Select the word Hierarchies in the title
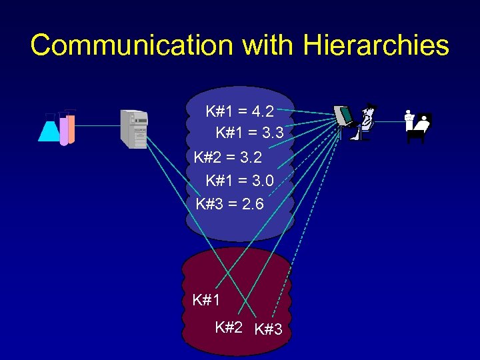(375, 45)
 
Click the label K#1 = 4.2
(240, 111)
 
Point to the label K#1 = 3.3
(250, 134)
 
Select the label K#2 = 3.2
(227, 158)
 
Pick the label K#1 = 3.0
(240, 181)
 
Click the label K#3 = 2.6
(230, 203)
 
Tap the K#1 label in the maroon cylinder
(206, 300)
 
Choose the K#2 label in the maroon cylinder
(229, 327)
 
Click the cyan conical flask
(49, 129)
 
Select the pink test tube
(63, 129)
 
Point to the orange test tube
(71, 127)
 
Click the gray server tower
(133, 129)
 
